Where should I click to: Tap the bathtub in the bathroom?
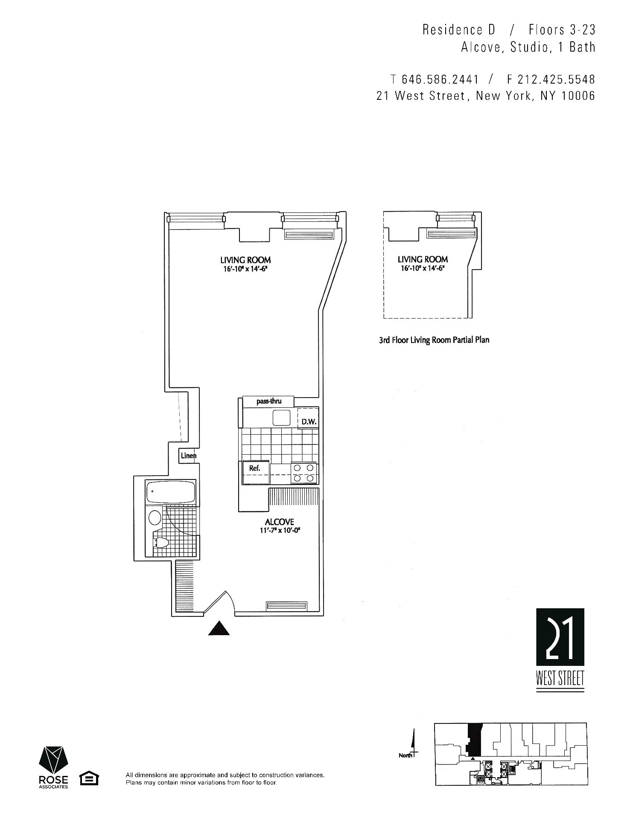pyautogui.click(x=170, y=492)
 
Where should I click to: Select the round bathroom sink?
pyautogui.click(x=155, y=518)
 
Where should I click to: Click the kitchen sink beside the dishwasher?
pyautogui.click(x=281, y=417)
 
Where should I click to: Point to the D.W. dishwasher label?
pyautogui.click(x=309, y=422)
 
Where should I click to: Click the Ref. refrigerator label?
pyautogui.click(x=255, y=468)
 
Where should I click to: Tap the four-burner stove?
pyautogui.click(x=304, y=473)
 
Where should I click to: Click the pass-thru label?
pyautogui.click(x=268, y=401)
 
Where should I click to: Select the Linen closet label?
pyautogui.click(x=188, y=456)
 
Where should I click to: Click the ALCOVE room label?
pyautogui.click(x=279, y=522)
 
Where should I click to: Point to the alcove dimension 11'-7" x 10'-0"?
pyautogui.click(x=279, y=531)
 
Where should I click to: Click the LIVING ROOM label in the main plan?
pyautogui.click(x=245, y=260)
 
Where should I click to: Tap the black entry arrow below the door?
pyautogui.click(x=219, y=628)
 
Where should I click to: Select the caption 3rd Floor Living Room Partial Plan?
pyautogui.click(x=434, y=340)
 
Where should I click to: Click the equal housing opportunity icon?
pyautogui.click(x=89, y=778)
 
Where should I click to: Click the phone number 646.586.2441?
pyautogui.click(x=440, y=79)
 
